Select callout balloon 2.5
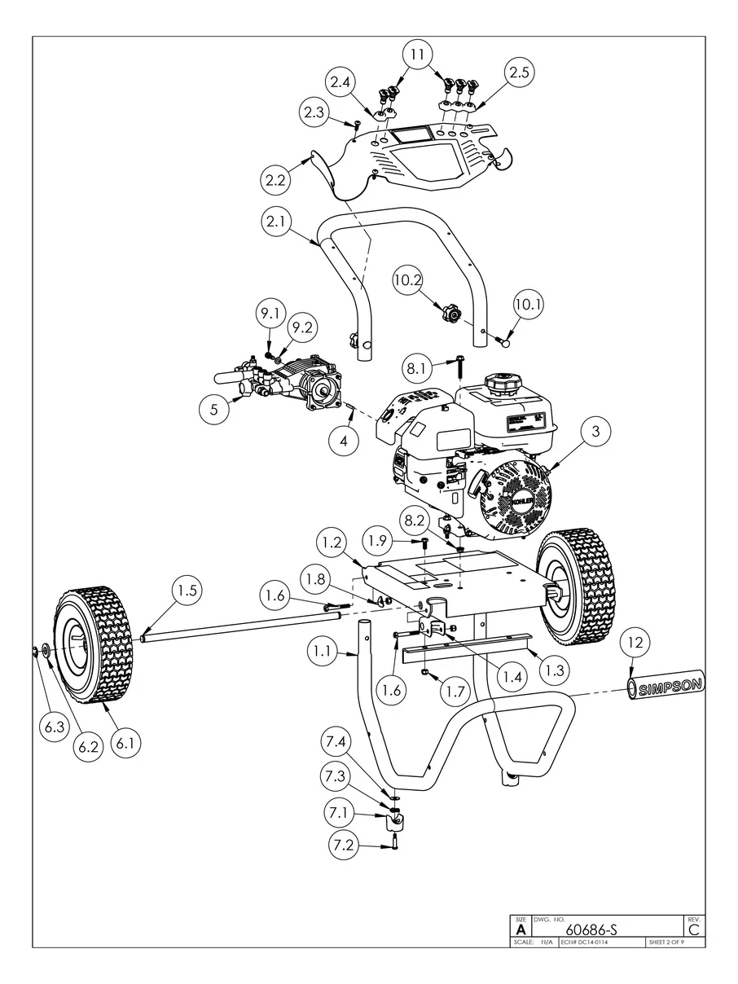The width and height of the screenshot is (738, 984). click(519, 72)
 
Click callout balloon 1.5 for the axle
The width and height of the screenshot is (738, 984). click(187, 591)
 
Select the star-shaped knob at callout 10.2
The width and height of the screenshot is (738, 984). click(450, 313)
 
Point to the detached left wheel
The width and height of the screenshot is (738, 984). click(94, 652)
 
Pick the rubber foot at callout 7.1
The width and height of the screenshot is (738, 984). click(395, 817)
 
